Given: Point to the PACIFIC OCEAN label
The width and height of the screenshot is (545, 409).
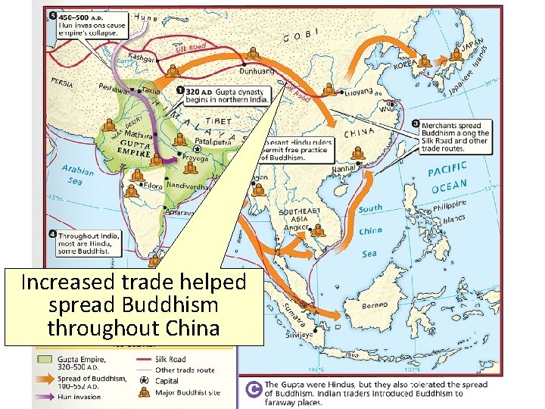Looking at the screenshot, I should pyautogui.click(x=459, y=176).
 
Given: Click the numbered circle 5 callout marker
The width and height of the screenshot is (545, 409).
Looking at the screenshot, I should pyautogui.click(x=51, y=16).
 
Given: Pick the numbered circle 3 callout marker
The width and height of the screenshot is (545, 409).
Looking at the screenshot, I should pyautogui.click(x=416, y=123).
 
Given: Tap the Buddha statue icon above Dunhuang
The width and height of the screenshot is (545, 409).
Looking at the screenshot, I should pyautogui.click(x=253, y=53).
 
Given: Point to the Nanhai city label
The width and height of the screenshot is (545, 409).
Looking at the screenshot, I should pyautogui.click(x=344, y=169).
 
